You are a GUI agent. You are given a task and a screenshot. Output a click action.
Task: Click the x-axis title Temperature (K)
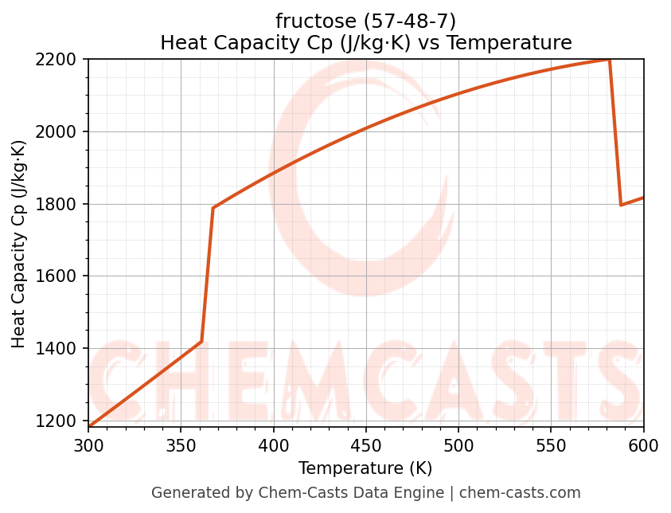tap(365, 468)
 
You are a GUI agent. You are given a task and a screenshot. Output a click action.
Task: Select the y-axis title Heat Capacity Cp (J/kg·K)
tap(19, 244)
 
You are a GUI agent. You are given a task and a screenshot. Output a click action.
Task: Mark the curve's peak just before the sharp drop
tap(609, 60)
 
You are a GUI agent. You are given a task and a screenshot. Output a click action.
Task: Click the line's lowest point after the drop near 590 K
tap(621, 205)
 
